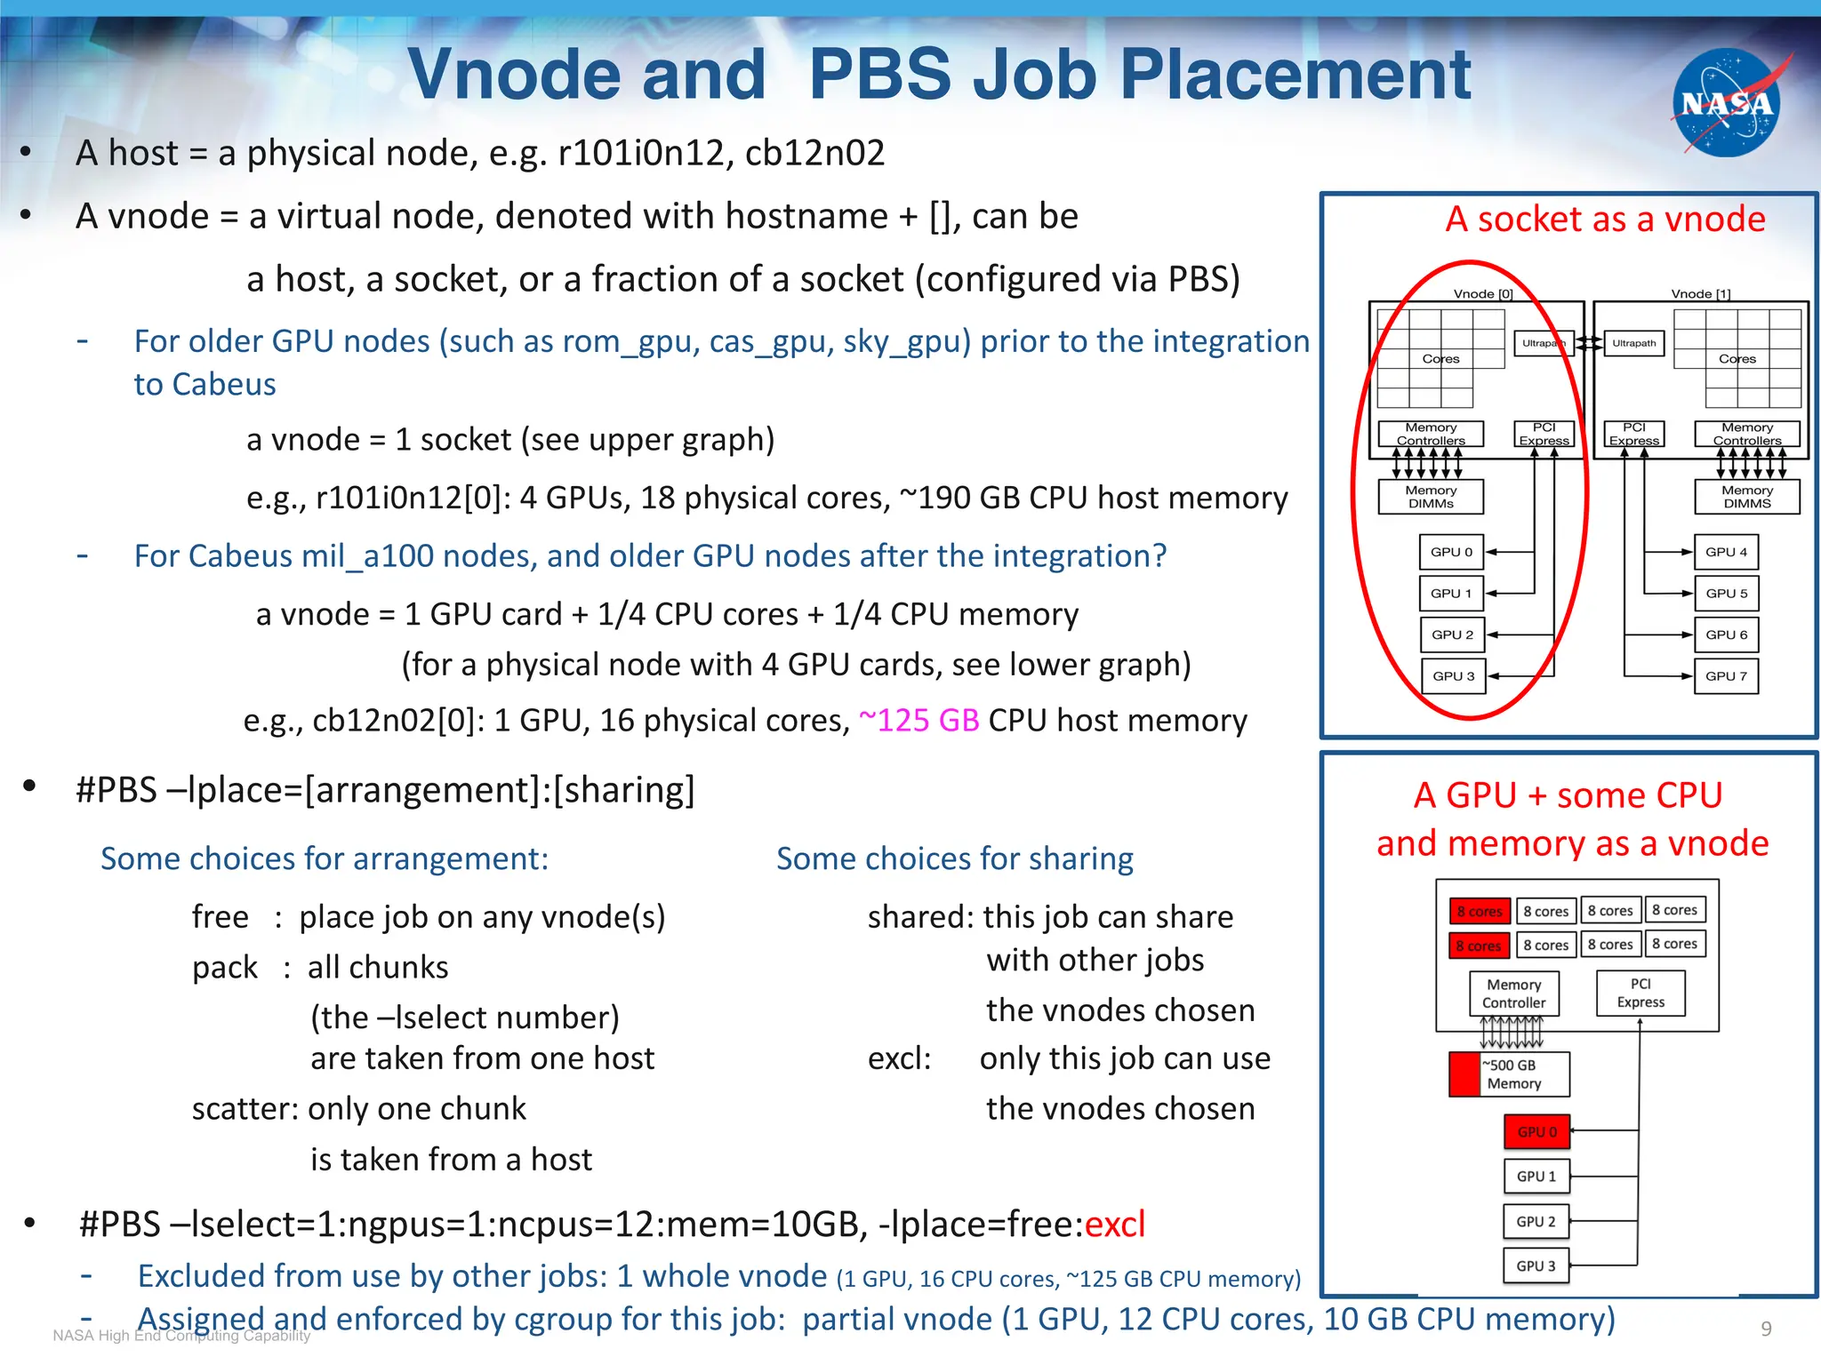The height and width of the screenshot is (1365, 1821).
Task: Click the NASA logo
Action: tap(1727, 103)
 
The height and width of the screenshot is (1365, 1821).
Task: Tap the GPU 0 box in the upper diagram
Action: tap(1452, 552)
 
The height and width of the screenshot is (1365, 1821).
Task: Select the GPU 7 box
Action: tap(1726, 676)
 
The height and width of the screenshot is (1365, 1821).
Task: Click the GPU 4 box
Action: tap(1726, 552)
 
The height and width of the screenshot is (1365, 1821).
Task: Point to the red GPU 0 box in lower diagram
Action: tap(1536, 1131)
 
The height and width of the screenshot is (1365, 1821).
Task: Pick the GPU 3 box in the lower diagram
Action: tap(1536, 1265)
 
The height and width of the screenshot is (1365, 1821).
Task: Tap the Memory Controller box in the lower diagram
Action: tap(1514, 994)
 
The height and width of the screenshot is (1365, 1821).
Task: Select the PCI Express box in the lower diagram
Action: tap(1641, 993)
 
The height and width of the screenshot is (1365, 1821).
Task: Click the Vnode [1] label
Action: tap(1700, 293)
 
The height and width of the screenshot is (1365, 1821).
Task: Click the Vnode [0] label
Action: tap(1483, 293)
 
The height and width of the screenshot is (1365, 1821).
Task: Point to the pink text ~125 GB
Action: tap(919, 720)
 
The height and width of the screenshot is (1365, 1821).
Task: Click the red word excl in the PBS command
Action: tap(1114, 1225)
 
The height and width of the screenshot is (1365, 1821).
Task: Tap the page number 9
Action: tap(1766, 1329)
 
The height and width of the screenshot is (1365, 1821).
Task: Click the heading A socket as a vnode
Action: tap(1605, 219)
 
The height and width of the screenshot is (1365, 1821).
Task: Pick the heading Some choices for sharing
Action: tap(955, 858)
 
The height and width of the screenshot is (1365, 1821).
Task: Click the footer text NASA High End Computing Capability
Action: tap(181, 1335)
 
